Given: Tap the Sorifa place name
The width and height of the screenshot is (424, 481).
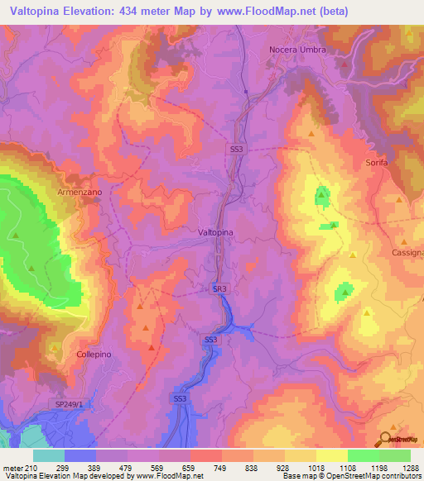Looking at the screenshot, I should [377, 163].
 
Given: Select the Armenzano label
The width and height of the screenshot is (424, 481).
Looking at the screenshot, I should [79, 191].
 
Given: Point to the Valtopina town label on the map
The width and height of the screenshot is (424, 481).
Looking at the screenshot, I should [216, 233].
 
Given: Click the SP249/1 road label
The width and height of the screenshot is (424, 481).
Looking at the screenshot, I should [70, 403].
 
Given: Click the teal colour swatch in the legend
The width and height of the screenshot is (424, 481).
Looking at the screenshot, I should [49, 455].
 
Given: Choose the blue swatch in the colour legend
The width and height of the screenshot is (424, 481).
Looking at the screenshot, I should [80, 455].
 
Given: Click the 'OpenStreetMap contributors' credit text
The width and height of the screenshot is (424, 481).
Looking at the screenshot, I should [377, 476].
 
